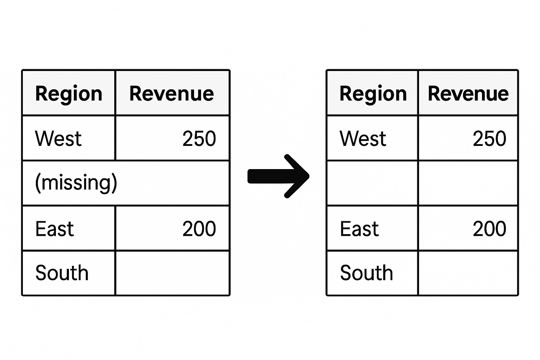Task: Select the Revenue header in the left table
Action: tap(172, 94)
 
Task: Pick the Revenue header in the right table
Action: tap(468, 94)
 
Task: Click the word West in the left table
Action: tap(58, 139)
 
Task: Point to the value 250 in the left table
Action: tap(199, 139)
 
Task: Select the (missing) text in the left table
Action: tap(76, 182)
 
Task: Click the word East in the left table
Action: tap(54, 229)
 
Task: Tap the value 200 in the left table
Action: tap(199, 229)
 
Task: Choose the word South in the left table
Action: tap(62, 273)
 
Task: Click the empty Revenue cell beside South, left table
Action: tap(172, 273)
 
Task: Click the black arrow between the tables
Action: tap(278, 176)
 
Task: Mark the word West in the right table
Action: tap(363, 139)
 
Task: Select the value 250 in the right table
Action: tap(489, 139)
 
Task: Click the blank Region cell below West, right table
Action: tap(372, 183)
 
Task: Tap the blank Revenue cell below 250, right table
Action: tap(468, 183)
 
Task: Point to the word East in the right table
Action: tap(359, 229)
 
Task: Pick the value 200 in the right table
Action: tap(489, 229)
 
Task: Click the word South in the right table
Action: tap(366, 273)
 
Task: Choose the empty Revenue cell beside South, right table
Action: tap(468, 273)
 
